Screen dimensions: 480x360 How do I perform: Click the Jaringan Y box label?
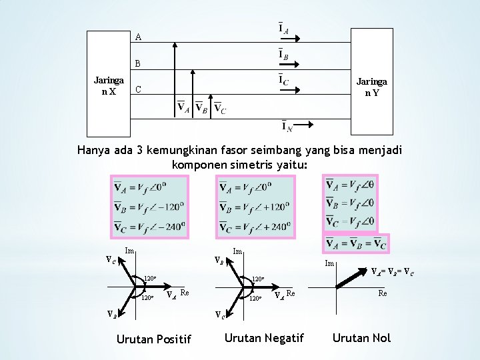[371, 87]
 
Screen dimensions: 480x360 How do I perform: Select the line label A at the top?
[138, 37]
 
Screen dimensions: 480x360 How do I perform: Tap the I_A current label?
[283, 29]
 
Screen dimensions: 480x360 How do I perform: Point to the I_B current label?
[283, 54]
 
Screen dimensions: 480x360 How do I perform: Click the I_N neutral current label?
[284, 125]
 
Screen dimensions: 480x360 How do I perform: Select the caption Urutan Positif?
[153, 339]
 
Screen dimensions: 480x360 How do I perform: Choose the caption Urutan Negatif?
[264, 338]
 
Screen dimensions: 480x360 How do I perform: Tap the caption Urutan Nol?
[361, 338]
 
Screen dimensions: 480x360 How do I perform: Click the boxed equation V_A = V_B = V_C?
[355, 243]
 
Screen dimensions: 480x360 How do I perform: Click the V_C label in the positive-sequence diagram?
[111, 261]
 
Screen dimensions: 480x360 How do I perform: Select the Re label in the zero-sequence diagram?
[383, 293]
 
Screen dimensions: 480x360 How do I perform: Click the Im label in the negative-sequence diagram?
[237, 251]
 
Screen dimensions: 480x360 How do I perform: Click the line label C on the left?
[138, 90]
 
